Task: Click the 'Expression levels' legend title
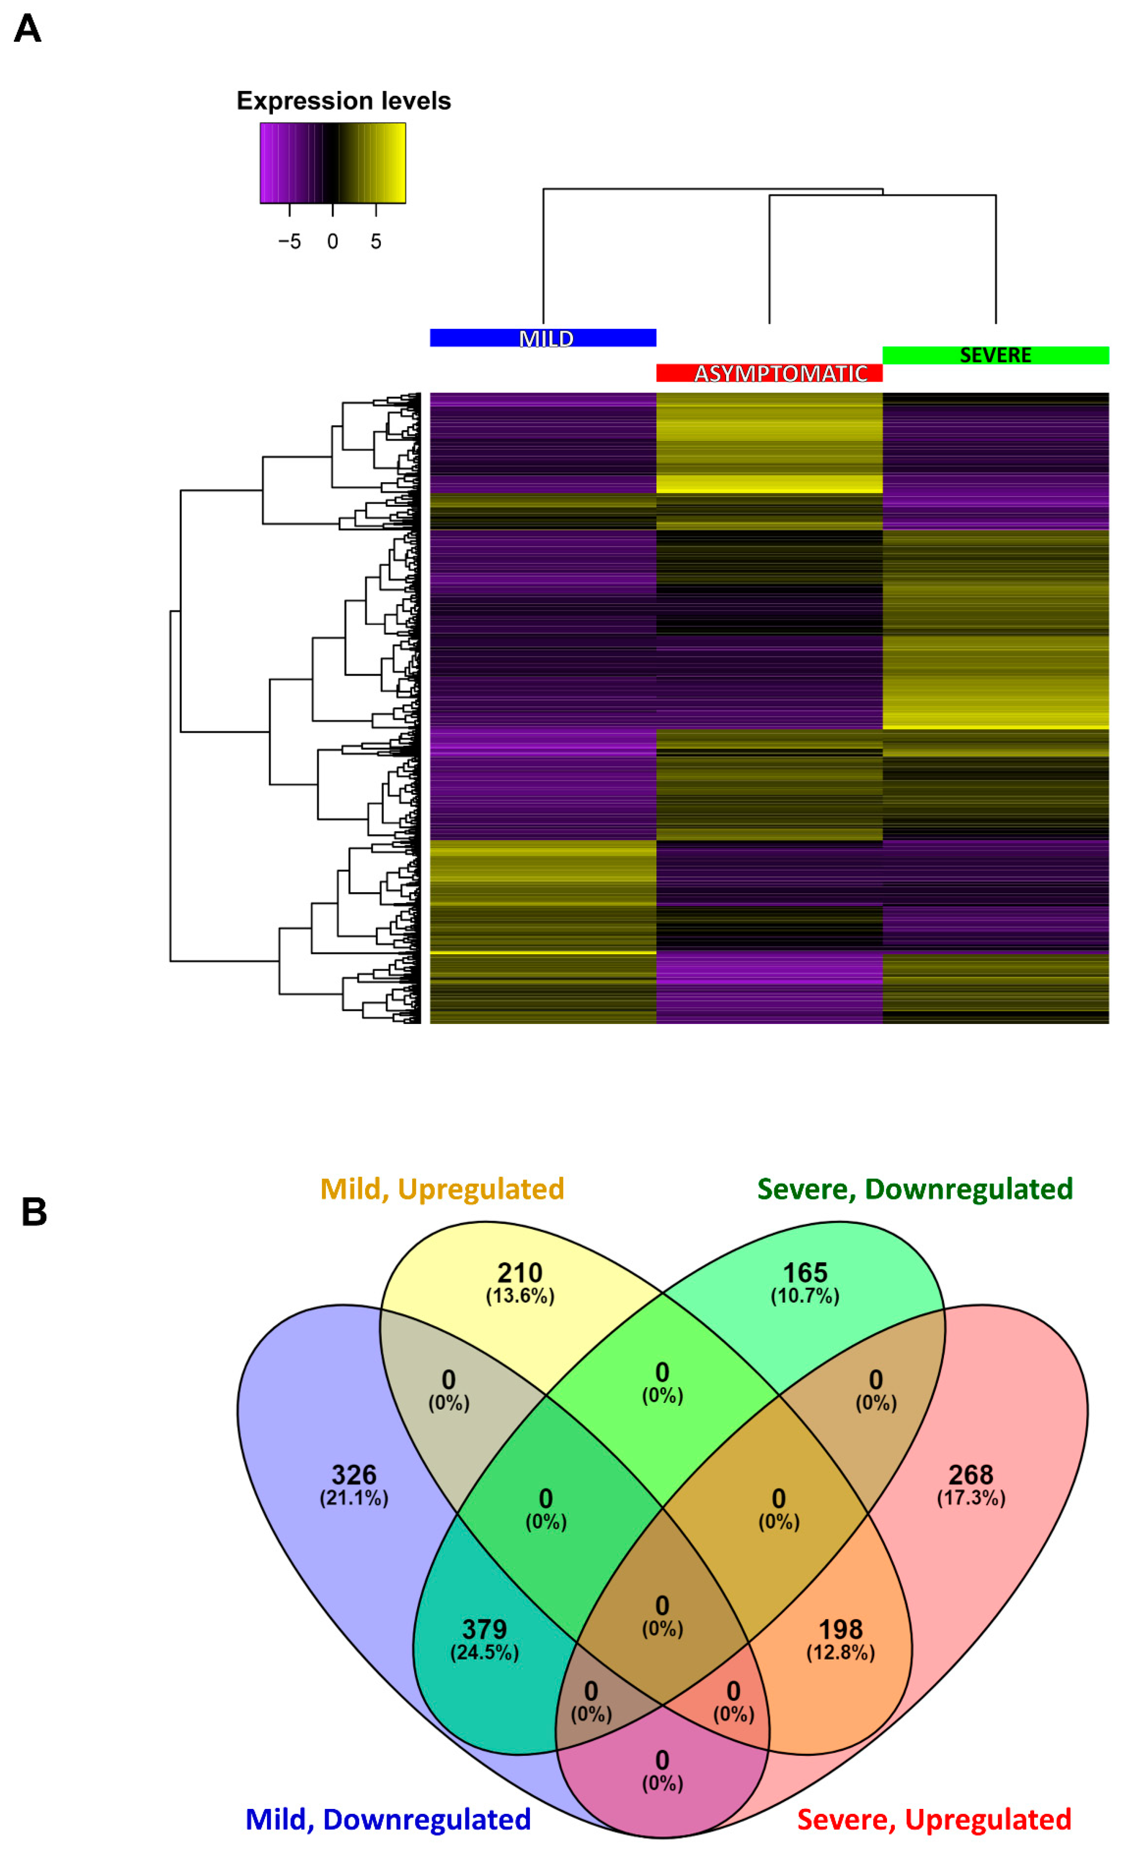pos(344,100)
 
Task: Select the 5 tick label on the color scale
pos(376,242)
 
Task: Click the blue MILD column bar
pos(543,338)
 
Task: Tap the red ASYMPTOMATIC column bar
pos(769,373)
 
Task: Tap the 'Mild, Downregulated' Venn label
pos(388,1819)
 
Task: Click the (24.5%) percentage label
pos(485,1652)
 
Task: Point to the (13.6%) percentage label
pos(520,1296)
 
